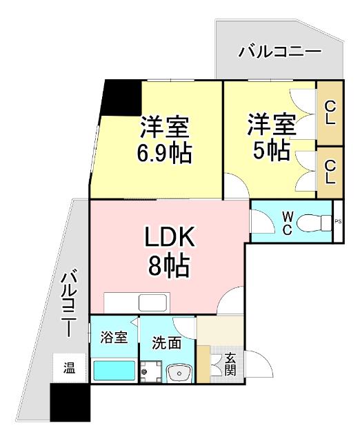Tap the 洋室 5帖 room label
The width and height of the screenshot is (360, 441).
[x=272, y=136]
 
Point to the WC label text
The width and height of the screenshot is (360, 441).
[x=287, y=222]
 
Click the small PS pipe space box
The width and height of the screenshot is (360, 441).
[x=338, y=221]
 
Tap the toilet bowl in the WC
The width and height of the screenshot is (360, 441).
[x=317, y=222]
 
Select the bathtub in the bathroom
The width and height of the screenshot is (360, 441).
[x=114, y=371]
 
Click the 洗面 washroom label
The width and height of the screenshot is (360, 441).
[x=167, y=342]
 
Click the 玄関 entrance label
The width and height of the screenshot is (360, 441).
[x=230, y=364]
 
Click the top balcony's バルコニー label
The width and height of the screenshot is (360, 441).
[x=279, y=52]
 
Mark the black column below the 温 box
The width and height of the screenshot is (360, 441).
[x=70, y=402]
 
